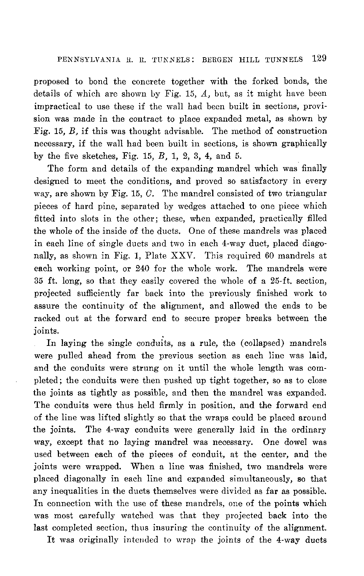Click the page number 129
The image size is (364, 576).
(x=318, y=59)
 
